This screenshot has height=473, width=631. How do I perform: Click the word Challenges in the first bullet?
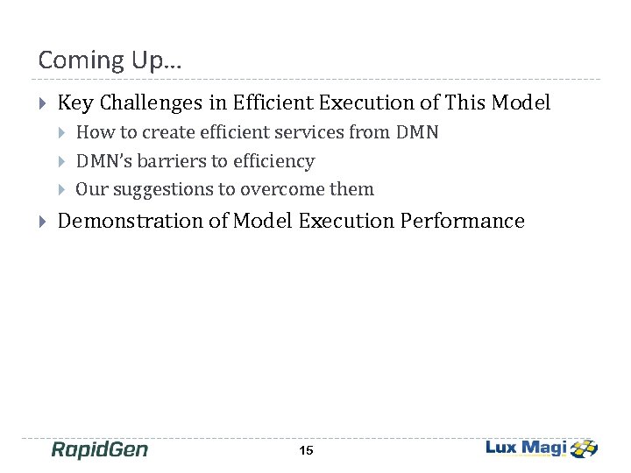click(x=151, y=103)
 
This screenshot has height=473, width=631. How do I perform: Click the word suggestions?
click(x=152, y=190)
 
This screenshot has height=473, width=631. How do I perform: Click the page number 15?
click(x=306, y=450)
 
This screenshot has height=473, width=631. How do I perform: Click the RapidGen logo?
click(x=99, y=449)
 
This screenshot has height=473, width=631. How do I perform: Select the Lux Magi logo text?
click(x=526, y=448)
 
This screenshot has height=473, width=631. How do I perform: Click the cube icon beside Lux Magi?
click(x=584, y=448)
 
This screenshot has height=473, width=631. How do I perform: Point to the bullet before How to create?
click(x=61, y=133)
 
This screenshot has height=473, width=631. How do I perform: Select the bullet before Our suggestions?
click(x=61, y=190)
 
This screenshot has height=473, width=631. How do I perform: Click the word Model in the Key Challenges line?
click(x=521, y=103)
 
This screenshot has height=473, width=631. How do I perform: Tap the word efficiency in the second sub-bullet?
click(x=273, y=161)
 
